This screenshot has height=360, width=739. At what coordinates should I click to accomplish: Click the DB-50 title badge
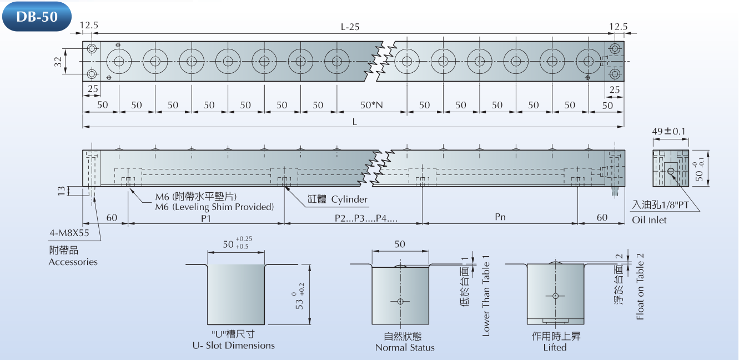[x=37, y=16]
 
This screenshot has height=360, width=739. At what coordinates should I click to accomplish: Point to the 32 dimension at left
[x=58, y=61]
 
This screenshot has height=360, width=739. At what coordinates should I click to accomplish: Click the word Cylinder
[x=349, y=199]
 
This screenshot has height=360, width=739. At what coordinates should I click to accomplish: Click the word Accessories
[x=73, y=262]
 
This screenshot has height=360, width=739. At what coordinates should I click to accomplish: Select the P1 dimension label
[x=206, y=217]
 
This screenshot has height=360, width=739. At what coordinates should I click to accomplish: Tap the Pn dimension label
[x=500, y=217]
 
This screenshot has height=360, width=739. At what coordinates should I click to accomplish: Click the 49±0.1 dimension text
[x=669, y=132]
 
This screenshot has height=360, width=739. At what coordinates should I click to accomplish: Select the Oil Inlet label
[x=649, y=220]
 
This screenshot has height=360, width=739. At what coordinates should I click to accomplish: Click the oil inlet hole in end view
[x=670, y=172]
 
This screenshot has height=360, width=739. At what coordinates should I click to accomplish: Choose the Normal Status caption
[x=405, y=348]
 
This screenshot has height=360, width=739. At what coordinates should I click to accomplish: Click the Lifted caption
[x=555, y=347]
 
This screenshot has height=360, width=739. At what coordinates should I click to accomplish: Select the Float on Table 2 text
[x=640, y=287]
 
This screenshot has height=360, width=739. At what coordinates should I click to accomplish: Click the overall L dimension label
[x=354, y=123]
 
